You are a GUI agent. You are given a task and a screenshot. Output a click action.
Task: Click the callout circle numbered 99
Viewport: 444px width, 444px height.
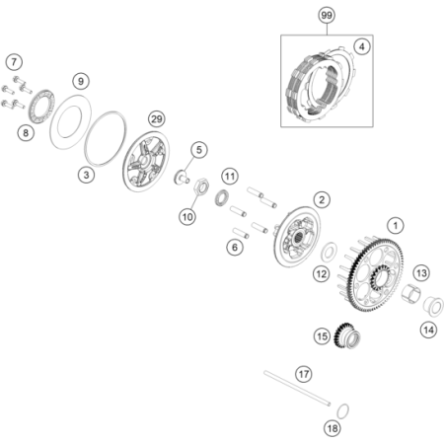(327, 15)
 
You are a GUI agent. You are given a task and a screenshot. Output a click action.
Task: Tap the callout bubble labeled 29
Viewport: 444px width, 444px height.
(157, 118)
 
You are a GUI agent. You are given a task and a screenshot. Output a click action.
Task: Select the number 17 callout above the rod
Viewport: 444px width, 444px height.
(303, 374)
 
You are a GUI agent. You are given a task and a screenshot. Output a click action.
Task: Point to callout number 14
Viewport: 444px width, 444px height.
(428, 330)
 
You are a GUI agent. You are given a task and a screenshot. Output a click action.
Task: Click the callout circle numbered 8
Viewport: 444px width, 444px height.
(26, 133)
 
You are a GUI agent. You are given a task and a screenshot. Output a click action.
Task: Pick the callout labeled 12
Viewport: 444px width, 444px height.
(321, 274)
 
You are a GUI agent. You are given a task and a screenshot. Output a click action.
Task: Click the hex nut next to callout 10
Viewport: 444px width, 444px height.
(201, 186)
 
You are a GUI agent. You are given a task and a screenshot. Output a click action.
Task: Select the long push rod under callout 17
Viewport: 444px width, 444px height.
(297, 388)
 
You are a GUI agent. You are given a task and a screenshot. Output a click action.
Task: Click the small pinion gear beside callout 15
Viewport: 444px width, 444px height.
(346, 335)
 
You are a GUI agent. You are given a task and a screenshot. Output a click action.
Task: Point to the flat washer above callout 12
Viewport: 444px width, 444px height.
(329, 252)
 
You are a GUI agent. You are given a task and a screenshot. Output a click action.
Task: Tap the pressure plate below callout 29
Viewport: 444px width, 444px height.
(146, 162)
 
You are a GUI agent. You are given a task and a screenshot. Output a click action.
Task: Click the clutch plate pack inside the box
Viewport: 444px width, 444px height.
(319, 85)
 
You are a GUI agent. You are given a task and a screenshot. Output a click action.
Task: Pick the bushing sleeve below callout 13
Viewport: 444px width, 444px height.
(411, 292)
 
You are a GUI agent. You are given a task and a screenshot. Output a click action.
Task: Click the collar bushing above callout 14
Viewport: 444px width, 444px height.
(433, 307)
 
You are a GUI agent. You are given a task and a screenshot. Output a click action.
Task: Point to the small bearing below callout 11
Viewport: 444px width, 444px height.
(221, 197)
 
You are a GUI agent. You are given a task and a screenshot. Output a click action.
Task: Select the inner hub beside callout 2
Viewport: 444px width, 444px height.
(297, 237)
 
